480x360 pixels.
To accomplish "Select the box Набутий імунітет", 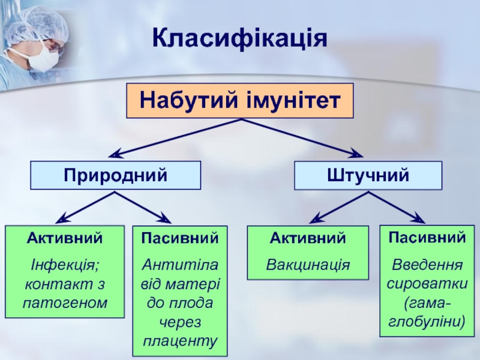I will click(239, 100).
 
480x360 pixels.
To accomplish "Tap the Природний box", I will click(116, 175).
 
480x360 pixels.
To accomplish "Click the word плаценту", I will click(179, 341).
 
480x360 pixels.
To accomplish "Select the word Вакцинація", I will click(308, 264).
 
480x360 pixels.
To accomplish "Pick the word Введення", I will click(427, 264).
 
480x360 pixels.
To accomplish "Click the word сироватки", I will click(427, 283).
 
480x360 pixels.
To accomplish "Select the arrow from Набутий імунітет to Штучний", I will click(300, 137).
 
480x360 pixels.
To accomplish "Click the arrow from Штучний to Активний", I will click(342, 207).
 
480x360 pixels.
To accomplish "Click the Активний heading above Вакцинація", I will click(308, 239).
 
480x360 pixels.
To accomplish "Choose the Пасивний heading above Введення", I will click(427, 237).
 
